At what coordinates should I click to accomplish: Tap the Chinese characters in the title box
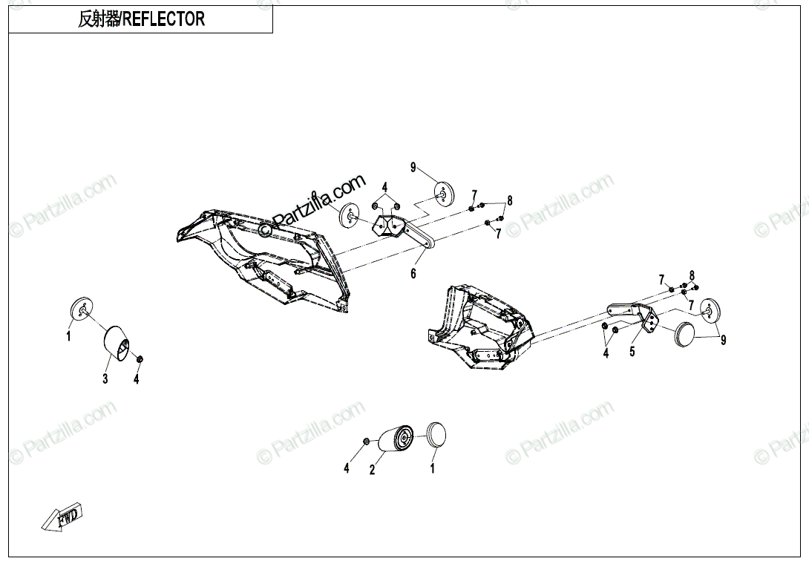tap(98, 19)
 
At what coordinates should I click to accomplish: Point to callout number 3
tap(105, 379)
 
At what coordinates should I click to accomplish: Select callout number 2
tap(373, 469)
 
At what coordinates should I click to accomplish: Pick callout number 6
tap(414, 274)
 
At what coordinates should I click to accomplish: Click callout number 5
tap(632, 352)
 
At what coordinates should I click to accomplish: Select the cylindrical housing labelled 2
tap(396, 438)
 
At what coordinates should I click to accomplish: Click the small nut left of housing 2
tap(367, 443)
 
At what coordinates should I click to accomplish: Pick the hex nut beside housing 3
tap(139, 359)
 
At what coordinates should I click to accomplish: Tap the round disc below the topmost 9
tap(444, 193)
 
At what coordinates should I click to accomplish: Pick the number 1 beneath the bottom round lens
tap(432, 468)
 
